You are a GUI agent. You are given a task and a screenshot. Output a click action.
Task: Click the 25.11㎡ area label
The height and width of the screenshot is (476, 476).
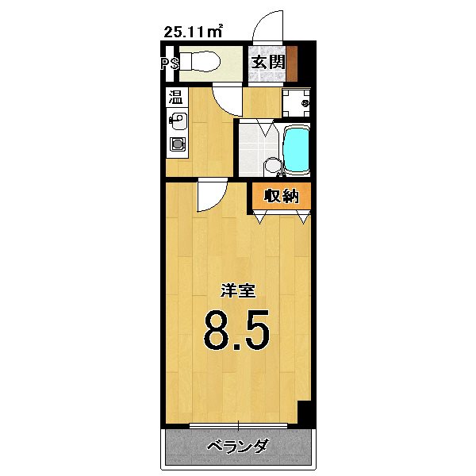point(193,32)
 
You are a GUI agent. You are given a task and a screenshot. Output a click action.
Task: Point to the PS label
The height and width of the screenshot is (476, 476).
point(169,63)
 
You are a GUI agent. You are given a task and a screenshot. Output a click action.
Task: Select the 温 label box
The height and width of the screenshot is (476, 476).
point(175,98)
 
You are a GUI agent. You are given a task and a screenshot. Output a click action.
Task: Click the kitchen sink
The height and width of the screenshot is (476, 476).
point(176,122)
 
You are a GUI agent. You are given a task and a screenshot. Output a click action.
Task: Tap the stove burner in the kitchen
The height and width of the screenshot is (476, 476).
point(175,145)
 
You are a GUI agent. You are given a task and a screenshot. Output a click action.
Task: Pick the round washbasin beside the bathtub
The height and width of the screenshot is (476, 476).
point(271,166)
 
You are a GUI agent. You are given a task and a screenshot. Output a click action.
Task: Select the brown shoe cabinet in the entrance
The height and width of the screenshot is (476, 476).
point(291,63)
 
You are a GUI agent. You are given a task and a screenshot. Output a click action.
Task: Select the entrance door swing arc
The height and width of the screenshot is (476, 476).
point(267,24)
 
